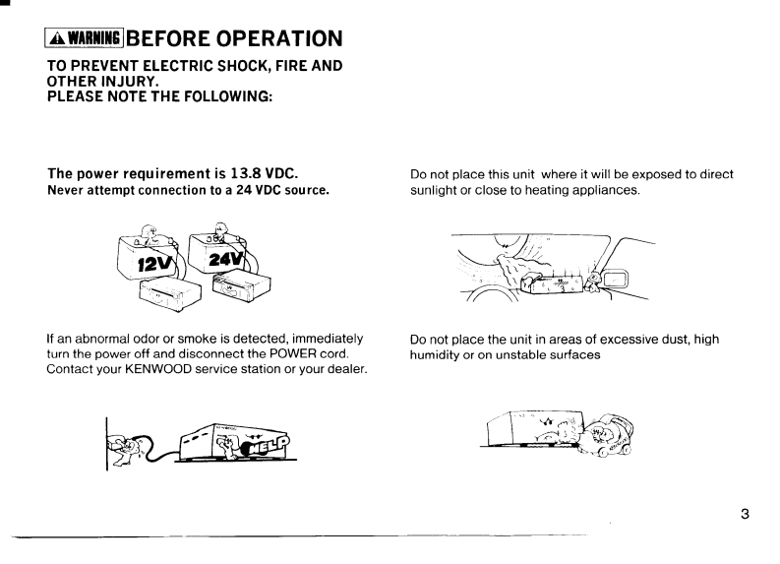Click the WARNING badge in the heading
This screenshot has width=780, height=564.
78,38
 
